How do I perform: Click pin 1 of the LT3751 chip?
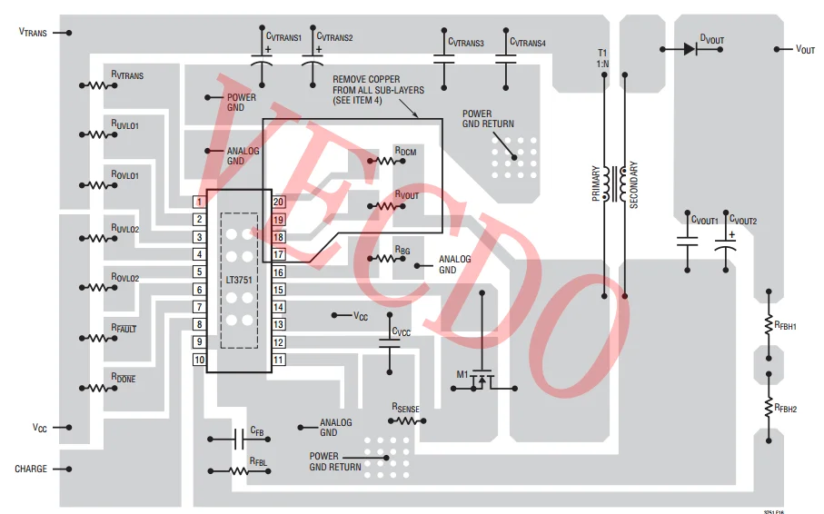click(x=198, y=202)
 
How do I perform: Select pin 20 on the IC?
click(x=279, y=202)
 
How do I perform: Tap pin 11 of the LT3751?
click(x=279, y=360)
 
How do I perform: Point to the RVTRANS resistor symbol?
click(x=98, y=86)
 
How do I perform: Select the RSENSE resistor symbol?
click(x=403, y=421)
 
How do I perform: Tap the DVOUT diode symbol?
click(x=689, y=49)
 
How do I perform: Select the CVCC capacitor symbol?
click(x=389, y=342)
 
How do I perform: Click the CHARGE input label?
click(x=31, y=470)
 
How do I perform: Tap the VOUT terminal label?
click(x=805, y=49)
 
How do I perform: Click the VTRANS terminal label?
click(x=33, y=33)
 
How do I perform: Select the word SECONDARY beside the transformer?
click(x=634, y=184)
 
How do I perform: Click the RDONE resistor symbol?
click(x=98, y=389)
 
